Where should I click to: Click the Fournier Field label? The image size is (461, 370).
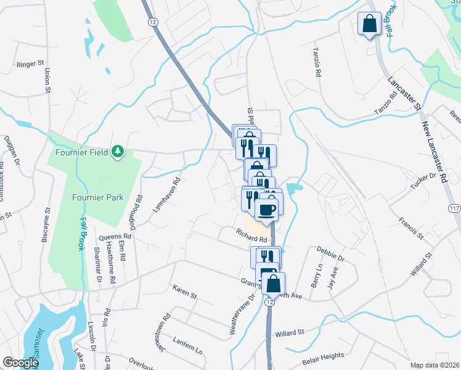tap(82, 151)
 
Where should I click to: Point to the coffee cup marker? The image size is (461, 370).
tap(266, 210)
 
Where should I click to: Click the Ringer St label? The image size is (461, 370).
tap(31, 64)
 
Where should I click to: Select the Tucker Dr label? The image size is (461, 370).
tap(423, 179)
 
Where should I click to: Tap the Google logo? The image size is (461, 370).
tap(20, 363)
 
